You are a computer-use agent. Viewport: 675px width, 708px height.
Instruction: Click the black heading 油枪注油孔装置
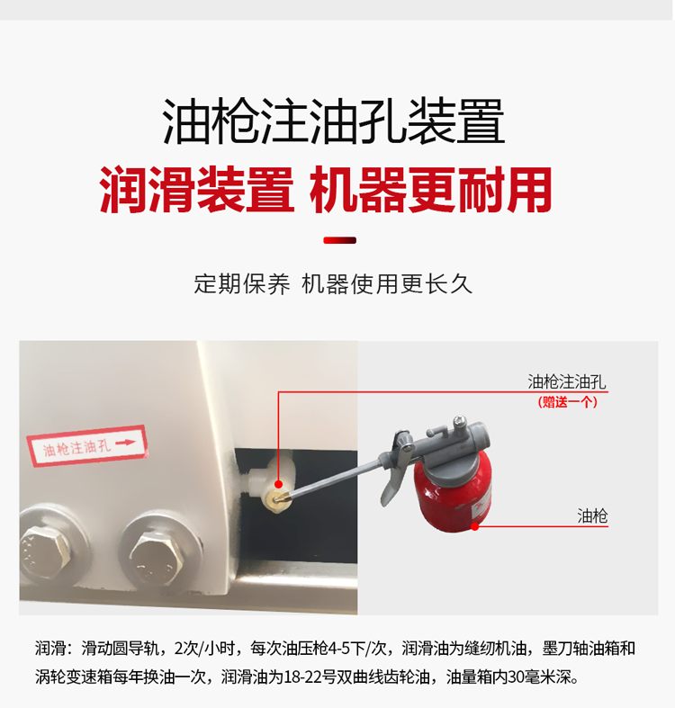[333, 122]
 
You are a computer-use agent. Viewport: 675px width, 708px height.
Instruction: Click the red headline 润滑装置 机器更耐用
[325, 190]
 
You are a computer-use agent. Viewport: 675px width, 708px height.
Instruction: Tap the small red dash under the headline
[340, 240]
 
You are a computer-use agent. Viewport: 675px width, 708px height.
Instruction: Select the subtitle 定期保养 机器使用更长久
[333, 284]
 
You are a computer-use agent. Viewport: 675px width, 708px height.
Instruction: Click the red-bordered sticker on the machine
[86, 445]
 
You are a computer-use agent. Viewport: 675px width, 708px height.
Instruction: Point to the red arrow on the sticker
[125, 443]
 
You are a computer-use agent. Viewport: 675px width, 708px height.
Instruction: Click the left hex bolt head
[45, 550]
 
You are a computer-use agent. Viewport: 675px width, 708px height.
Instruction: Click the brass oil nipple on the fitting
[275, 499]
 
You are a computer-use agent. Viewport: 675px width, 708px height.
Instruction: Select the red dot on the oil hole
[278, 485]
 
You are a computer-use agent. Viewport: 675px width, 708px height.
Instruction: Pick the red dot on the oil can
[474, 526]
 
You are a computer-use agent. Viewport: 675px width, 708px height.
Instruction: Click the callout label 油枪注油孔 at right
[567, 382]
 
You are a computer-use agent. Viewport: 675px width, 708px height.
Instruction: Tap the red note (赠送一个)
[568, 402]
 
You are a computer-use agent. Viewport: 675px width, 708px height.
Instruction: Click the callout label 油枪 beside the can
[592, 515]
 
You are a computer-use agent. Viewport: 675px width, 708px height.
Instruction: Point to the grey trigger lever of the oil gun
[393, 474]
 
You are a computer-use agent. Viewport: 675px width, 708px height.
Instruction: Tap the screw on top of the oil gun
[460, 420]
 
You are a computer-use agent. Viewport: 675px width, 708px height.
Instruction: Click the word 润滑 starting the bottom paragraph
[49, 649]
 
